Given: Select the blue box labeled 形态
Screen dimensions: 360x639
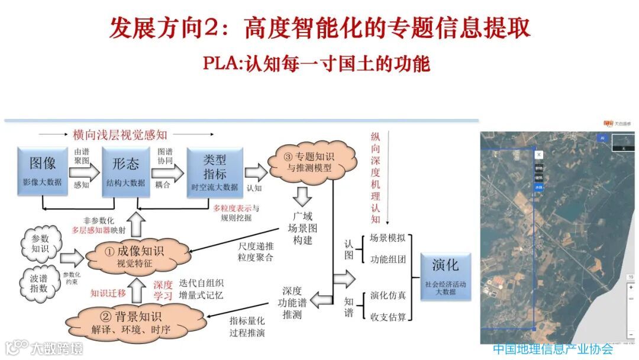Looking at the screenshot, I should coord(125,169).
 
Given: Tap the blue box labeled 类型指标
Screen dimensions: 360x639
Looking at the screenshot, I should coord(214,169).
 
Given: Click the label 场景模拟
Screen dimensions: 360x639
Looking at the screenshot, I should coord(388,238).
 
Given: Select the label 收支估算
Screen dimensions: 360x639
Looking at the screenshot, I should coord(388,317).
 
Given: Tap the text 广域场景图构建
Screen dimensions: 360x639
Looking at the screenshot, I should coord(302,229).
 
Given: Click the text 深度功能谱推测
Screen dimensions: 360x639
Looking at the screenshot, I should coord(292,303).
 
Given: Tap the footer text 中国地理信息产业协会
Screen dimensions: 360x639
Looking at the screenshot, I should coord(553,349).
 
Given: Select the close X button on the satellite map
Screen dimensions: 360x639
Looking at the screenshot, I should coord(538,155).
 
